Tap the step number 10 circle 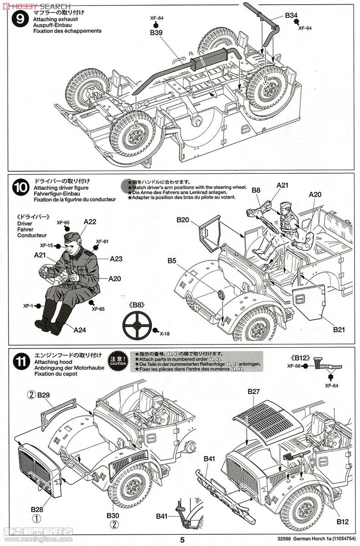click(20, 187)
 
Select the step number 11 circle click(20, 362)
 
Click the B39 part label click(156, 33)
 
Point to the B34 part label click(291, 15)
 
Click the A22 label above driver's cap click(90, 222)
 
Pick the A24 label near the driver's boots click(80, 330)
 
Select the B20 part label click(183, 220)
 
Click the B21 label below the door click(339, 329)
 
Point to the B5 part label click(172, 261)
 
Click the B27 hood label click(254, 391)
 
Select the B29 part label click(44, 395)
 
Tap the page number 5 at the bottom click(182, 540)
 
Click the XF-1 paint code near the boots click(28, 306)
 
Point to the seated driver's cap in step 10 click(72, 237)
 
